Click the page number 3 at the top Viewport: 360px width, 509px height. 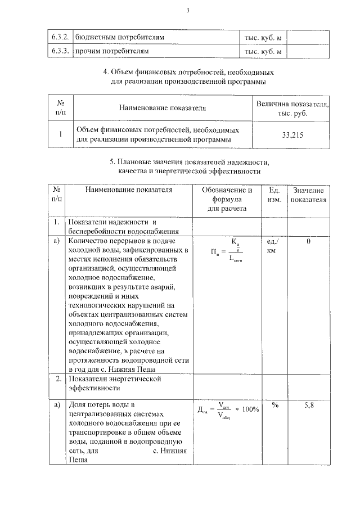188,10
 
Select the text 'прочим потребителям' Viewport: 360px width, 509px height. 112,51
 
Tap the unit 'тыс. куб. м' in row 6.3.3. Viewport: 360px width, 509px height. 263,51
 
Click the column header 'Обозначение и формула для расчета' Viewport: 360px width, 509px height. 227,199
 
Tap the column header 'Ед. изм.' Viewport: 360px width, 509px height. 274,195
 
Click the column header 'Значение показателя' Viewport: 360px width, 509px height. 308,195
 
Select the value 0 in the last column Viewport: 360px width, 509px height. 308,241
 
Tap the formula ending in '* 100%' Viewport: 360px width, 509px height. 228,410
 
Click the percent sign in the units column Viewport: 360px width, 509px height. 275,405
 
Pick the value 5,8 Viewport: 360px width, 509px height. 308,405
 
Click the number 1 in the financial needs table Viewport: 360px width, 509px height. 60,134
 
